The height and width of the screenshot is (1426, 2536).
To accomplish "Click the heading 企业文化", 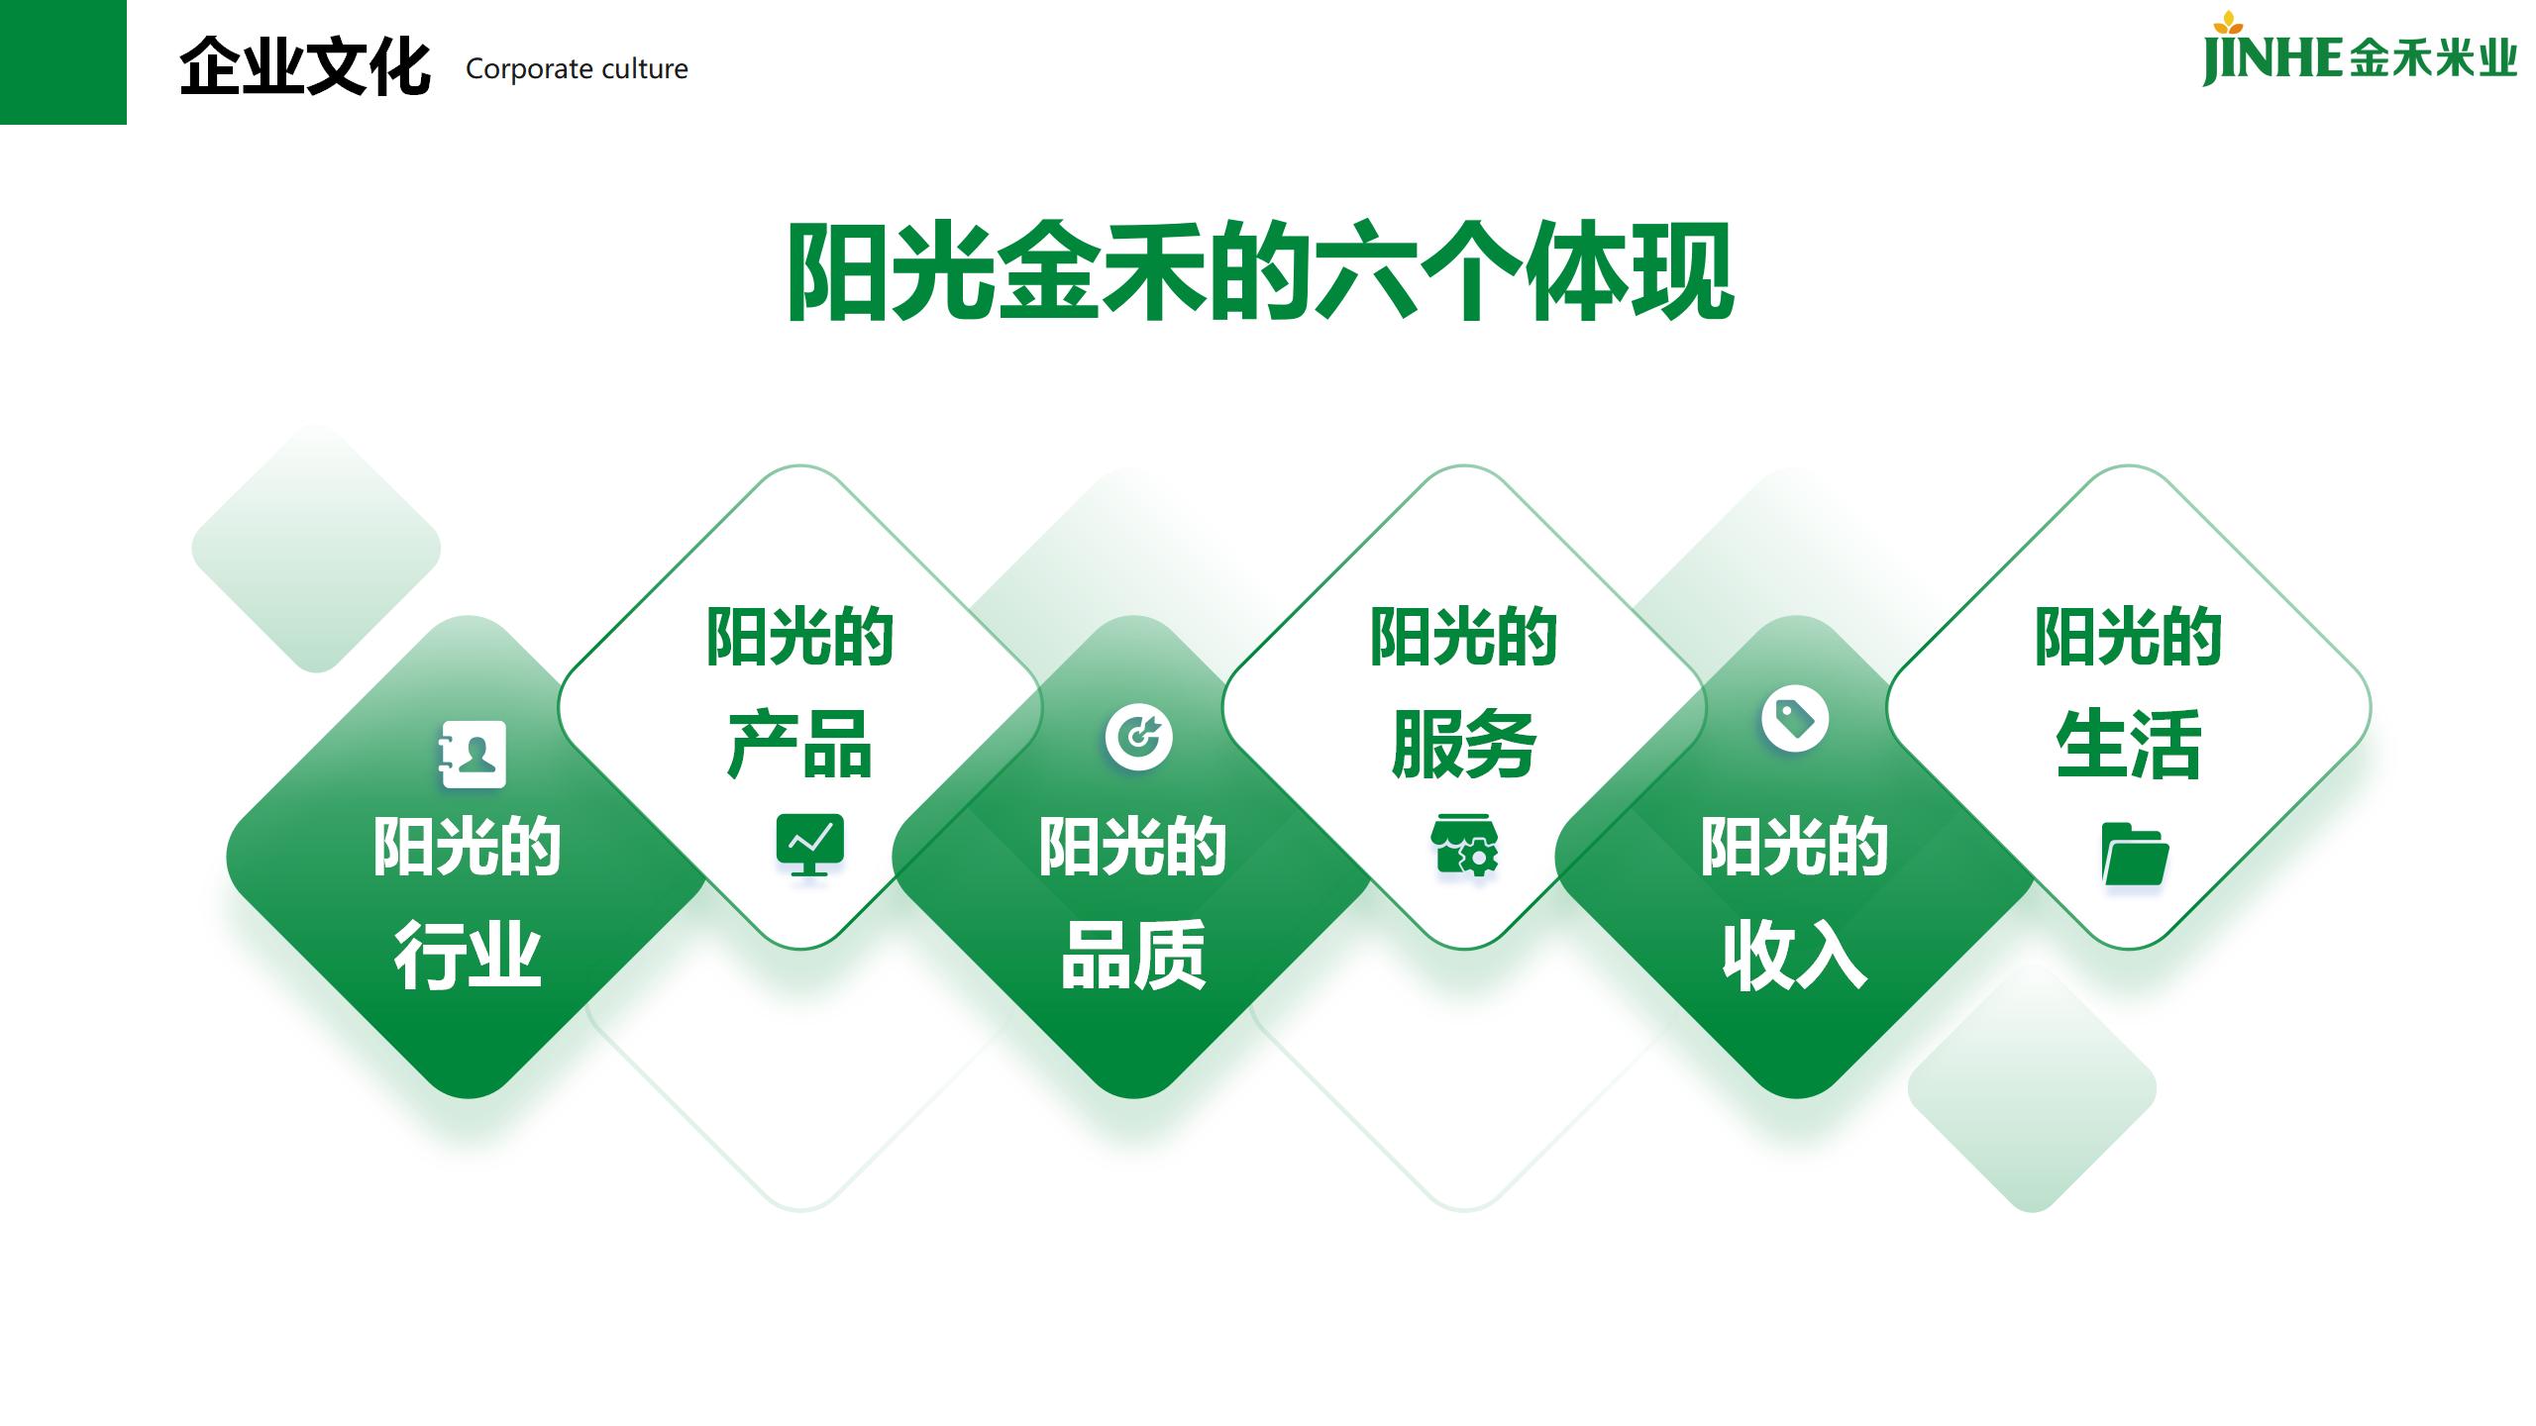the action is (x=304, y=67).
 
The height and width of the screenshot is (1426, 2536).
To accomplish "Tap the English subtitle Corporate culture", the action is (x=577, y=69).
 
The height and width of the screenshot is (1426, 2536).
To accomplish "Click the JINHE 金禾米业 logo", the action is (x=2359, y=50).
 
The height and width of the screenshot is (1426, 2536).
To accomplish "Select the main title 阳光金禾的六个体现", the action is (x=1260, y=271).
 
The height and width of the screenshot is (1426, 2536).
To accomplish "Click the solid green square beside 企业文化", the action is (x=63, y=62).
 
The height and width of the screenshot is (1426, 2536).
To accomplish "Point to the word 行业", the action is (x=468, y=955).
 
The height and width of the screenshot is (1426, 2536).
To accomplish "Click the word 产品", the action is (x=799, y=744).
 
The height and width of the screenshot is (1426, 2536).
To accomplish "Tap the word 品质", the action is (x=1133, y=955).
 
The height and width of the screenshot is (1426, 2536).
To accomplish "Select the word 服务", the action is (x=1464, y=744).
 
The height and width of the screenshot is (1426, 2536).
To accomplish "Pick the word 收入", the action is (x=1795, y=955).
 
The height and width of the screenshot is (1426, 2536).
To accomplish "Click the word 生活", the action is (x=2129, y=744).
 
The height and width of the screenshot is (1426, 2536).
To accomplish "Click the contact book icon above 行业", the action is (x=472, y=755).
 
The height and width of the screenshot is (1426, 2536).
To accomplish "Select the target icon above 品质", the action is (x=1139, y=737).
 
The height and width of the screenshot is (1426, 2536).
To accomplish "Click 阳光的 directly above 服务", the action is (x=1464, y=636).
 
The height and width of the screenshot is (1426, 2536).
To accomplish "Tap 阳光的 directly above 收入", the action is (x=1795, y=847).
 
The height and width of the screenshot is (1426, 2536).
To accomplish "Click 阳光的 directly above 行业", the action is (x=468, y=847).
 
